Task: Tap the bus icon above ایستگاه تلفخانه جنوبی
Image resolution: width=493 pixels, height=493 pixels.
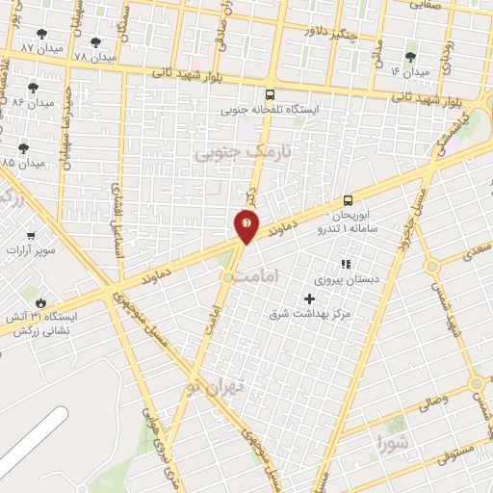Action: (271, 94)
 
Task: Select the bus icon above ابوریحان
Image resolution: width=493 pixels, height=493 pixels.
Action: (349, 201)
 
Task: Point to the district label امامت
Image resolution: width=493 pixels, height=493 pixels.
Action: (282, 275)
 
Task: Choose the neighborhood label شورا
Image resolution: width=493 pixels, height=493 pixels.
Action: (394, 445)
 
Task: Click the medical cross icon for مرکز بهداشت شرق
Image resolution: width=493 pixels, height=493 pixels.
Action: (309, 298)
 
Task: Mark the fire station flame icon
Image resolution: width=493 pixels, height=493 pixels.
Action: (40, 302)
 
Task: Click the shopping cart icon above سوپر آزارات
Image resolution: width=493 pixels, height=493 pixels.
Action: (31, 236)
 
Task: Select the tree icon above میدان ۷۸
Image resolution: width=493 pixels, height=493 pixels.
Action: (95, 42)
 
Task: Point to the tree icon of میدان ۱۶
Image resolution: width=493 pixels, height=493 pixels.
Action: (410, 57)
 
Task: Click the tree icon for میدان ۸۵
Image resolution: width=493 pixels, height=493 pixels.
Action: (24, 148)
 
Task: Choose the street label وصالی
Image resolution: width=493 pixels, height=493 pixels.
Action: (431, 397)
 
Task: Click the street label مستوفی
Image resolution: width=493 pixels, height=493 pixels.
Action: (451, 449)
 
